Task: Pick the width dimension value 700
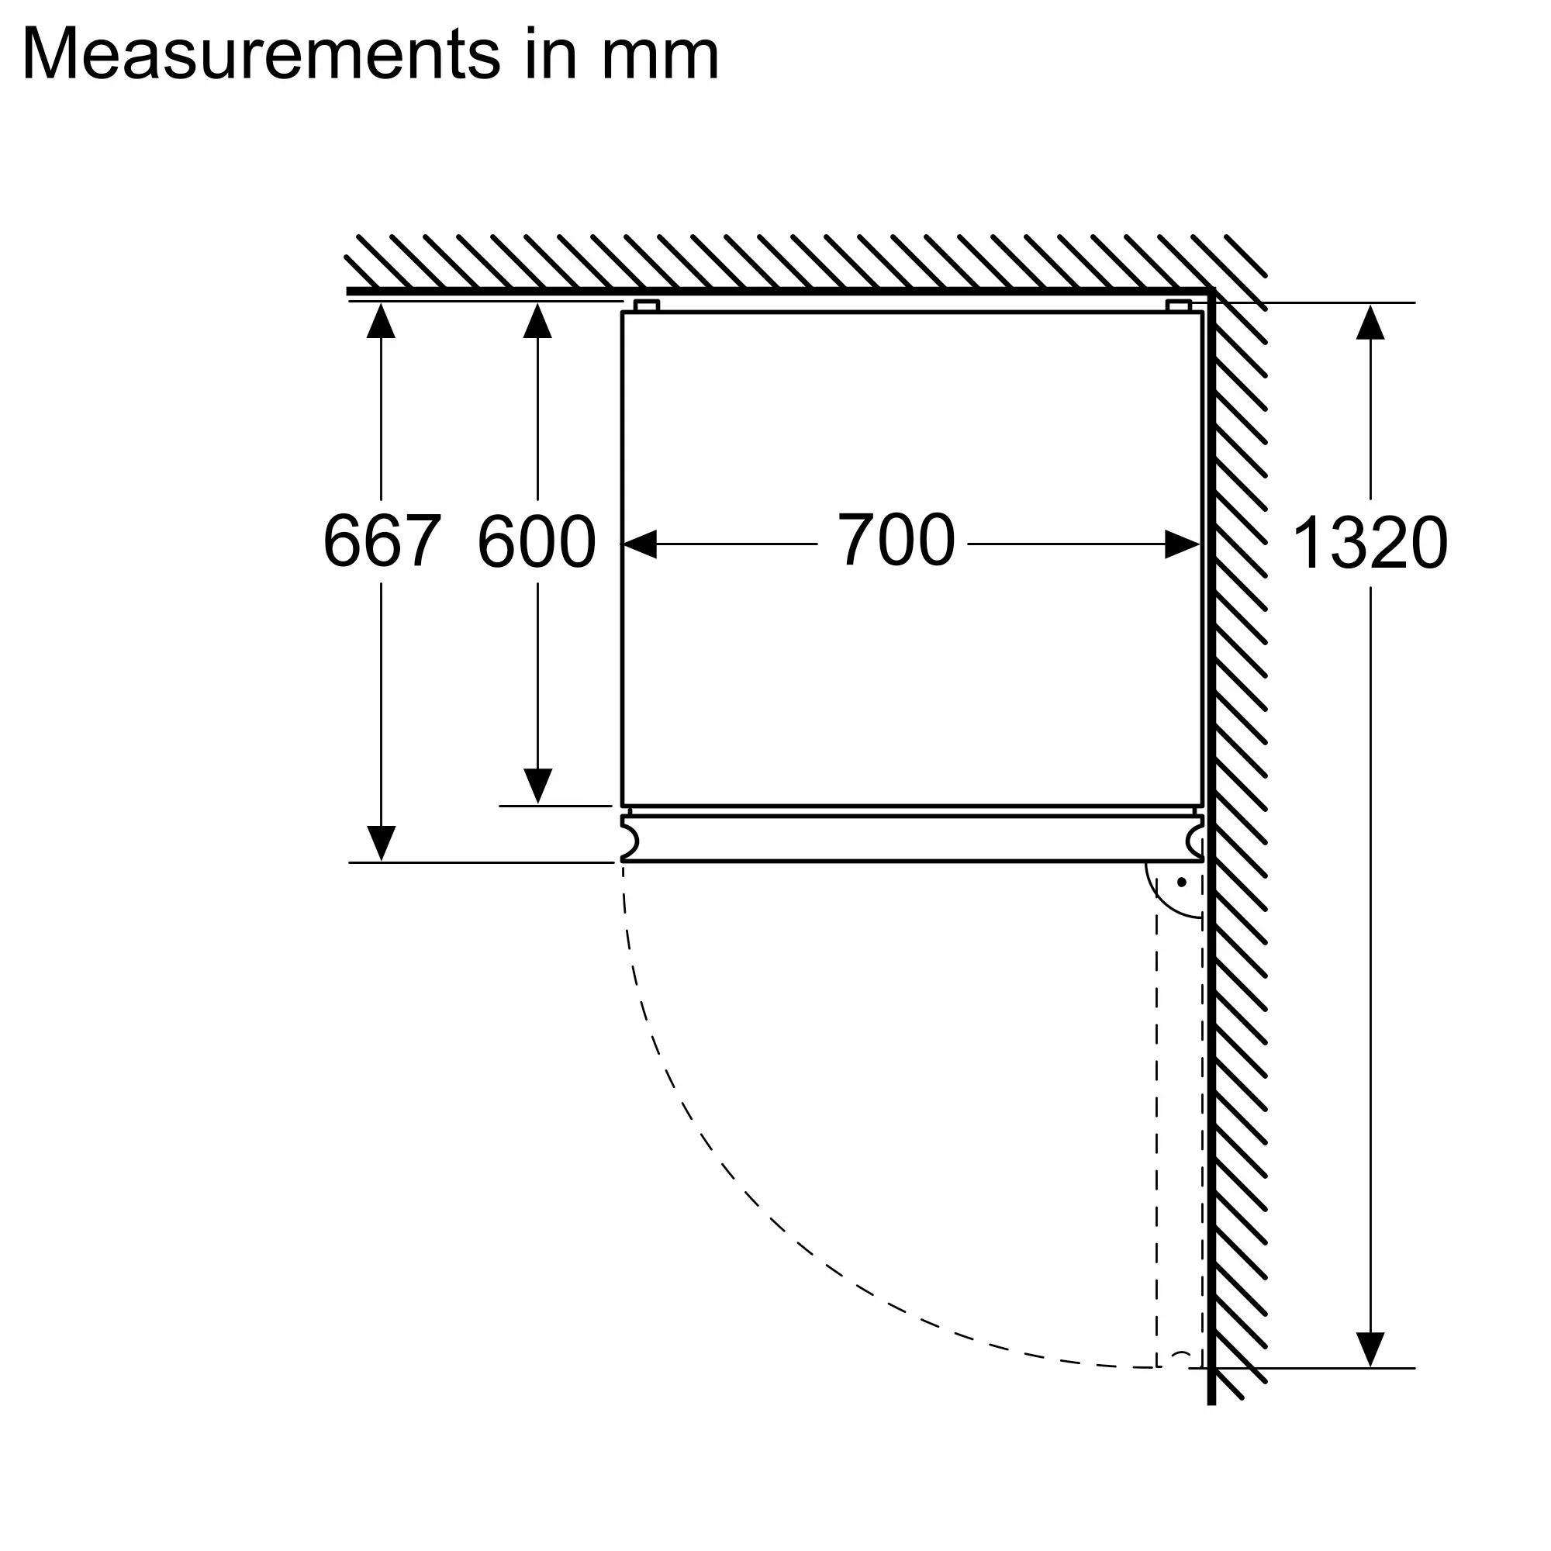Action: (x=896, y=540)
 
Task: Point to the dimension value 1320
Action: (x=1370, y=544)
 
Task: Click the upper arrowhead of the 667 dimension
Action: (x=382, y=321)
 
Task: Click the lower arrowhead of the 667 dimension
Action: (x=382, y=843)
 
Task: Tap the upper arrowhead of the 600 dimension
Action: (x=537, y=321)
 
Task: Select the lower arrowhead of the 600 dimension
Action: (x=537, y=785)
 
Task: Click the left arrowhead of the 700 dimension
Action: (x=640, y=544)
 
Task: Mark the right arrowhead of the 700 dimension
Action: (x=1183, y=544)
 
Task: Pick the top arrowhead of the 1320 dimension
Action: (x=1370, y=323)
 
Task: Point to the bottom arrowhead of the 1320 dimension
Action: (x=1370, y=1349)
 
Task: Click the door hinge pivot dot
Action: (x=1182, y=883)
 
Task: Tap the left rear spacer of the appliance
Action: (x=646, y=306)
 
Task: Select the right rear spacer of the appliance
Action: (x=1179, y=306)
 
